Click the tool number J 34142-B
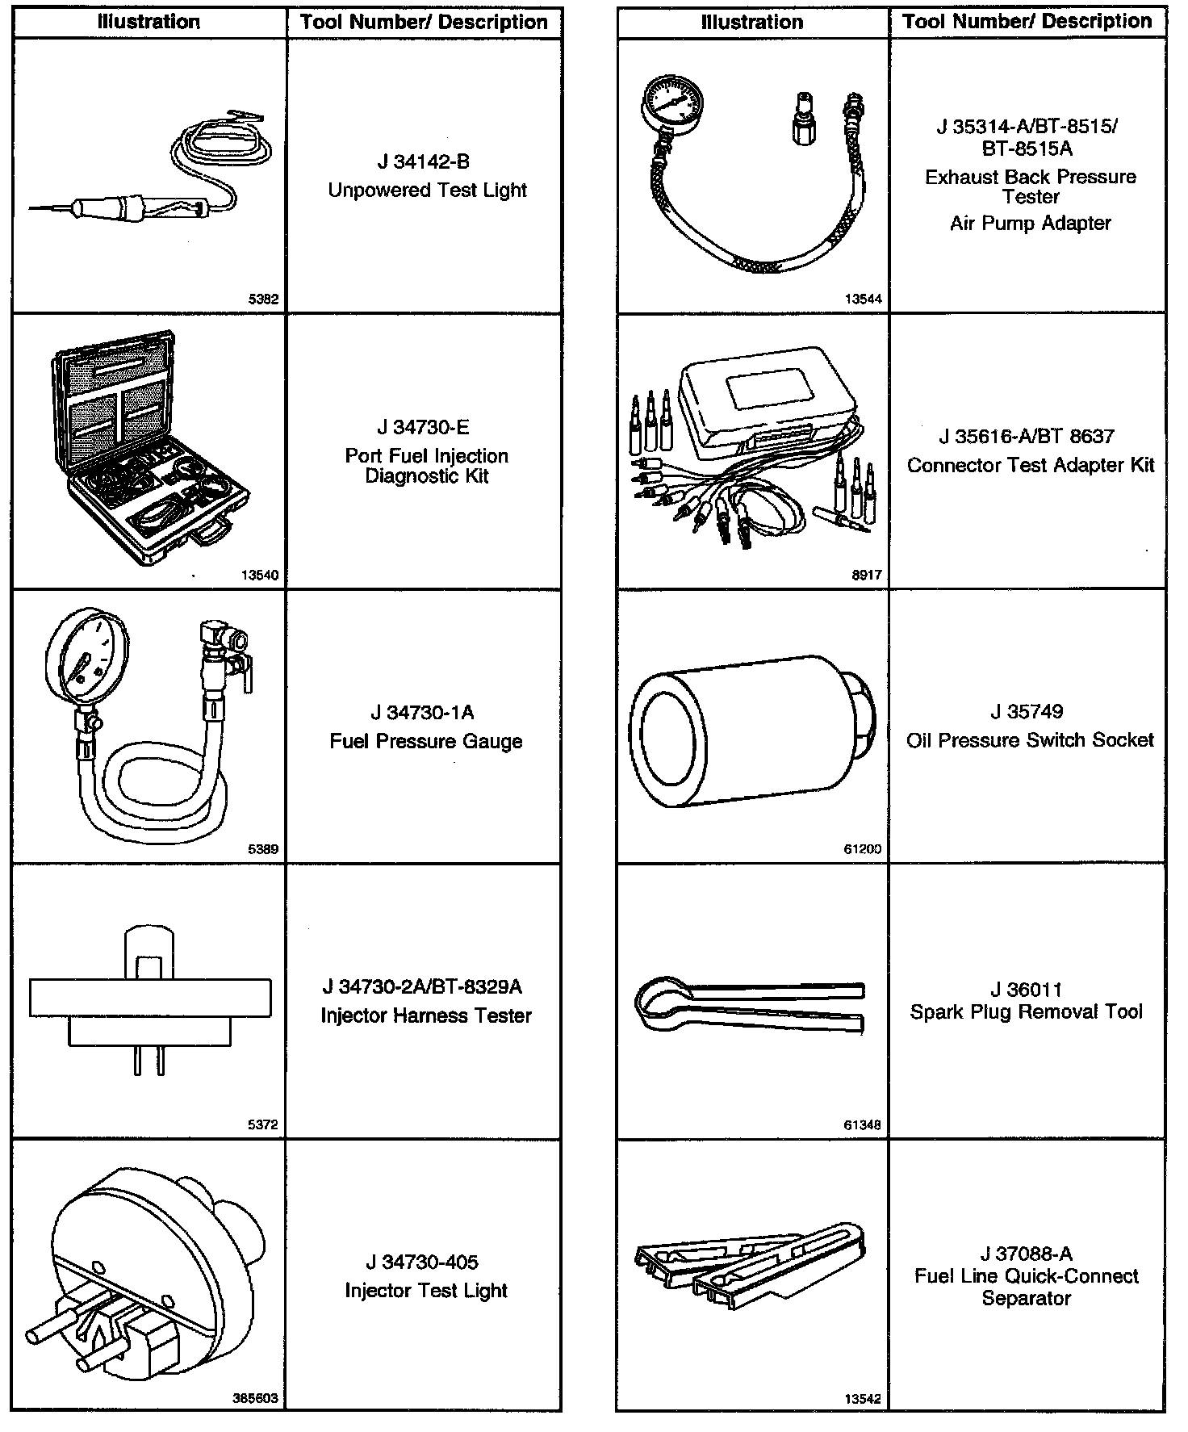[x=423, y=162]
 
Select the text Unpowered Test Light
[x=427, y=191]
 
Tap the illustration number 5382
[x=263, y=299]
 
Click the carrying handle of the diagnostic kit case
[x=211, y=534]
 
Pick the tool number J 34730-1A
[x=423, y=713]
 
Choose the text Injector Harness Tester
[x=426, y=1015]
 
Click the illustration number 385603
[x=255, y=1398]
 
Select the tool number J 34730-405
[x=423, y=1262]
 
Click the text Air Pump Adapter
[x=1030, y=224]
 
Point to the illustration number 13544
[x=863, y=299]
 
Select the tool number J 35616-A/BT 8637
[x=1027, y=437]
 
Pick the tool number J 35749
[x=1027, y=712]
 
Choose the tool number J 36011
[x=1027, y=990]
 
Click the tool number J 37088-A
[x=1027, y=1254]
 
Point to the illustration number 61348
[x=863, y=1124]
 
